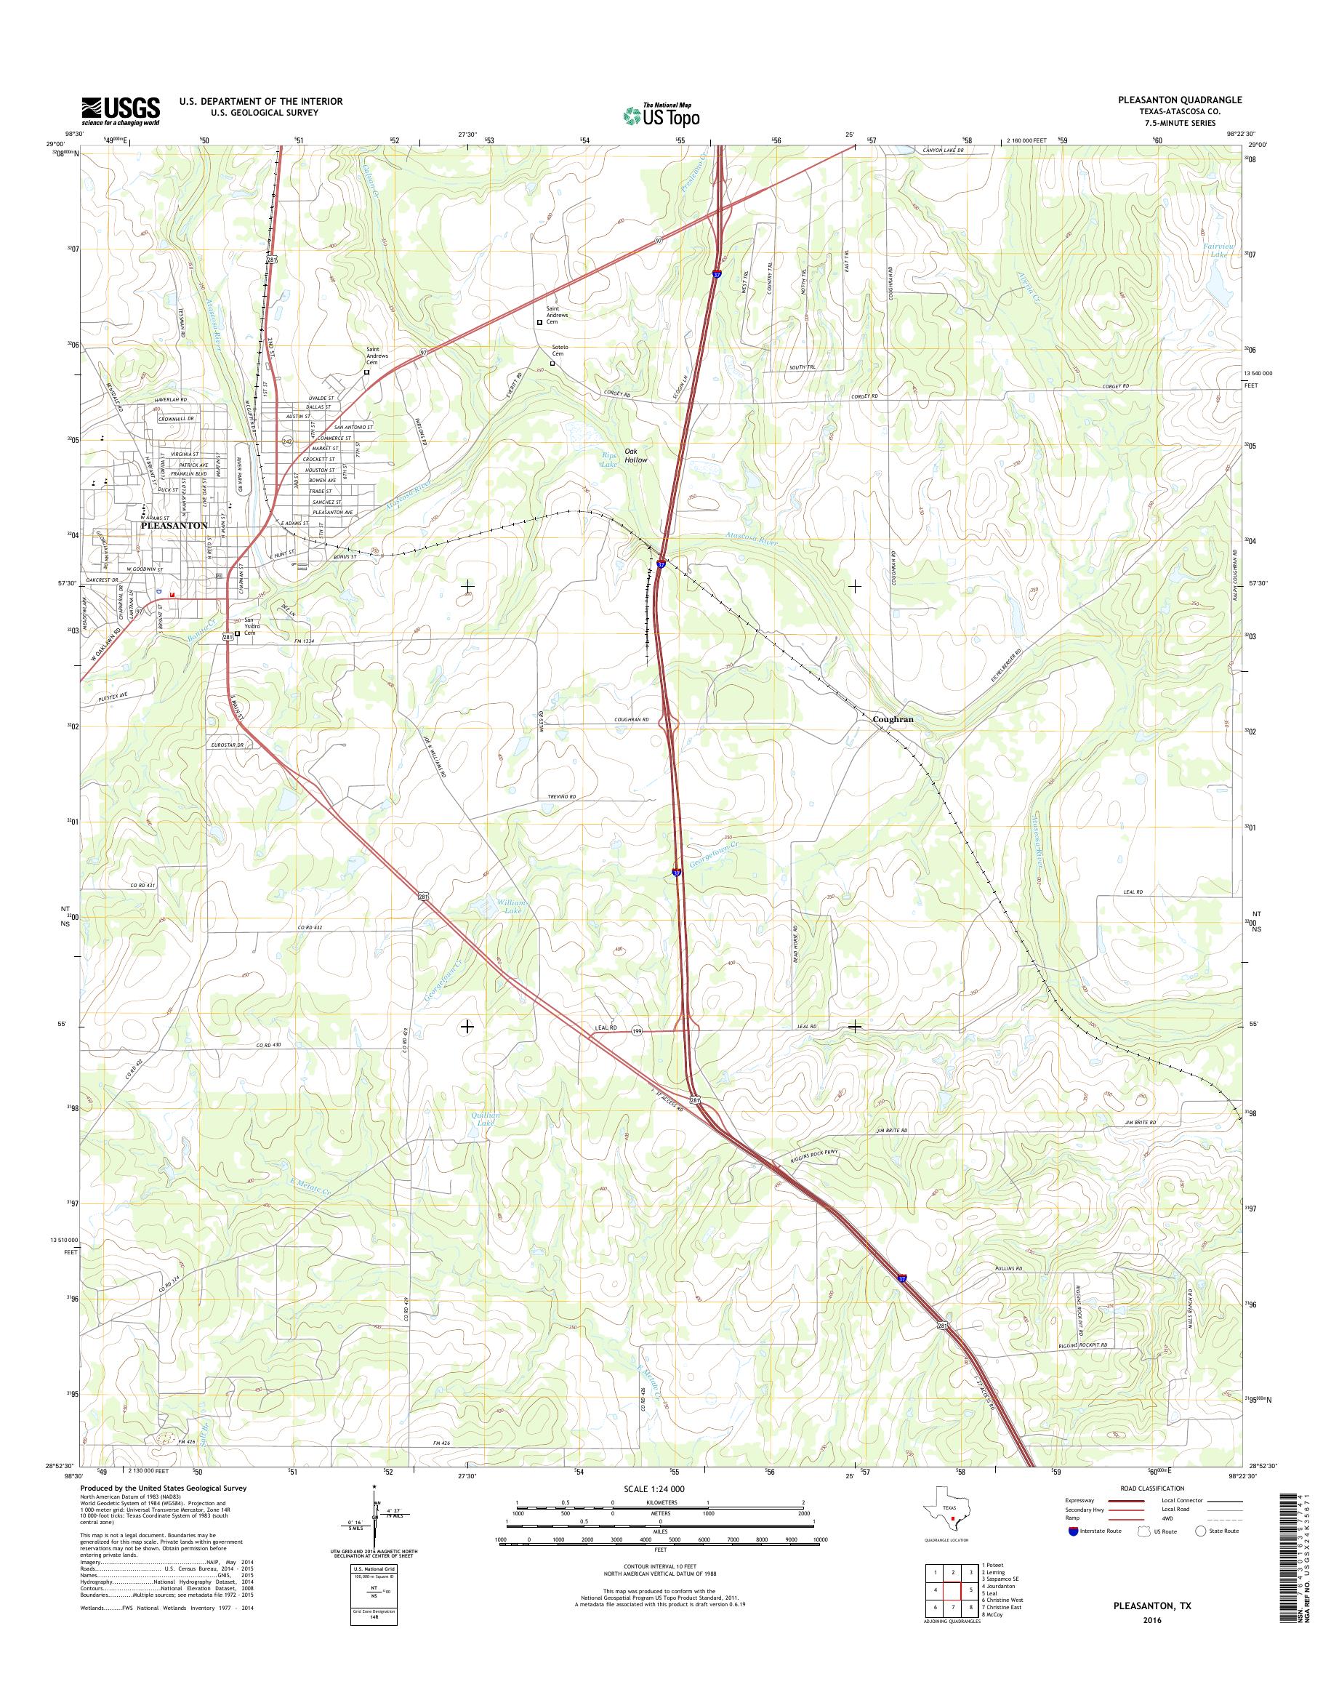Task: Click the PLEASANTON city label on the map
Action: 174,526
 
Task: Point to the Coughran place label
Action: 893,719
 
